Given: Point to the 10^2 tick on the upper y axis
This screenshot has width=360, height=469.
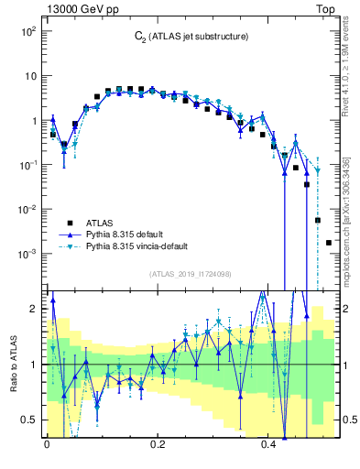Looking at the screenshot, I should tap(27, 31).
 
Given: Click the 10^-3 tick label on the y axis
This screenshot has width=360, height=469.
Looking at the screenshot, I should tap(27, 253).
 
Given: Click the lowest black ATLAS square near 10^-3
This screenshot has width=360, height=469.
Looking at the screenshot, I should tap(329, 243).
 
